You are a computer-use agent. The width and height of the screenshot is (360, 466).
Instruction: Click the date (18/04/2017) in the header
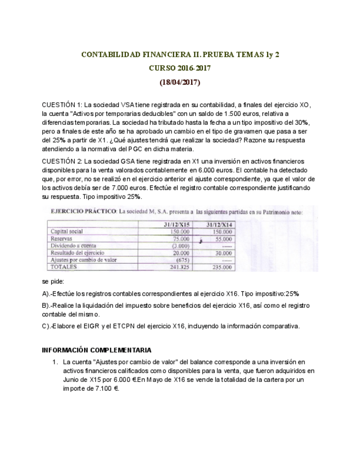[180, 83]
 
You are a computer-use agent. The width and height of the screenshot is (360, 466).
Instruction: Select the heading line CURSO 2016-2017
[180, 69]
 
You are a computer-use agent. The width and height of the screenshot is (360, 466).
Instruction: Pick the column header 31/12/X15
[176, 225]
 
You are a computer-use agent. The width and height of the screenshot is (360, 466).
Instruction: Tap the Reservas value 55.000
[223, 239]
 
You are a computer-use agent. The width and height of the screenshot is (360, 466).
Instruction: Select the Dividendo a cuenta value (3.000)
[180, 246]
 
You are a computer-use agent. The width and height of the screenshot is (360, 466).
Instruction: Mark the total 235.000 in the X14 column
[222, 267]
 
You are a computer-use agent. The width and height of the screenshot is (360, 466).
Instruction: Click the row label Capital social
[67, 232]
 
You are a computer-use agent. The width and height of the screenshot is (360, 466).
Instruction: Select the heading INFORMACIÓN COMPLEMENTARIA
[97, 350]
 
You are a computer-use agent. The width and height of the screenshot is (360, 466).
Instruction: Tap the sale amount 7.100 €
[108, 388]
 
